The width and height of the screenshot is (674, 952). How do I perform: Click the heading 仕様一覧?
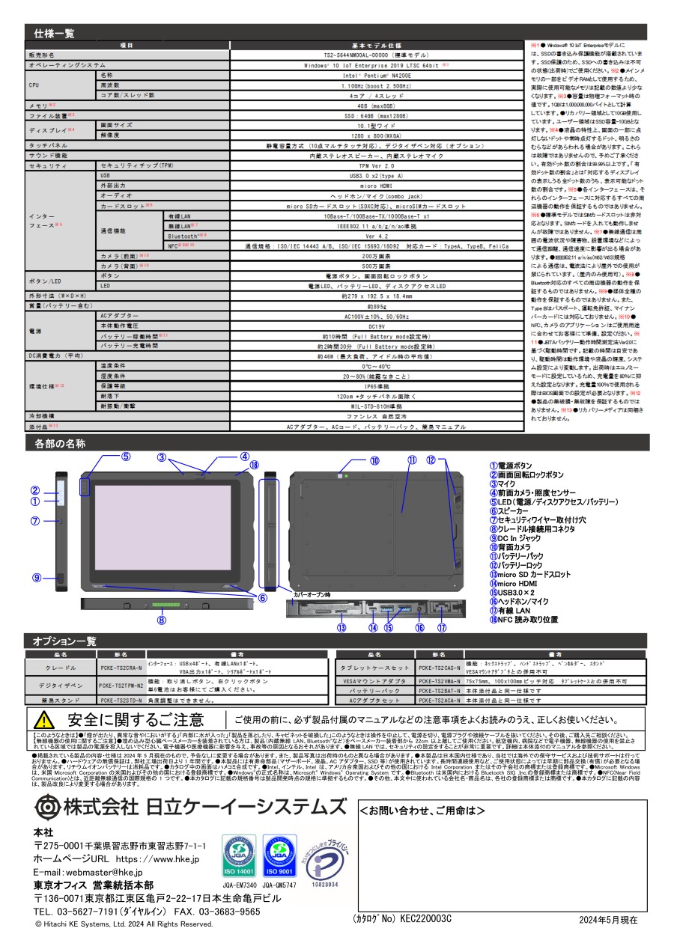[x=54, y=34]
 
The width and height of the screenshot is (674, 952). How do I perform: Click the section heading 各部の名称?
[x=60, y=444]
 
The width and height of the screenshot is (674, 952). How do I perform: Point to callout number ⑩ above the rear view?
[x=374, y=460]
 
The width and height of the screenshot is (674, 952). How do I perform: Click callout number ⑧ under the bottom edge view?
[x=160, y=619]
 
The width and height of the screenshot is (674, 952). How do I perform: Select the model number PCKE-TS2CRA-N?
[x=121, y=667]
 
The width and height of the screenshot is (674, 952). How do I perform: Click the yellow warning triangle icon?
[x=44, y=720]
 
